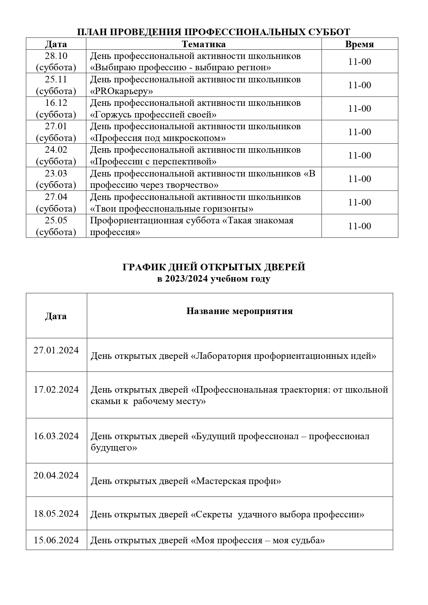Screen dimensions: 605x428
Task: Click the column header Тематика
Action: point(204,44)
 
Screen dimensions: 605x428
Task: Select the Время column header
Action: point(359,44)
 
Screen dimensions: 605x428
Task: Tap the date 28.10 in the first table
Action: point(56,56)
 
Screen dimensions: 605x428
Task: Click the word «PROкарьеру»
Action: point(121,91)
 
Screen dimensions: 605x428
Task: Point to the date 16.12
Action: point(56,103)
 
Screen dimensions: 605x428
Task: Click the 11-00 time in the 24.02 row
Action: point(359,155)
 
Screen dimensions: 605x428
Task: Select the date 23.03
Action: point(56,173)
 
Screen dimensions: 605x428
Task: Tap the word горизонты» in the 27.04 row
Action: point(229,209)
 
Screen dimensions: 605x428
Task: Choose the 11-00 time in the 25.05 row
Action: point(359,226)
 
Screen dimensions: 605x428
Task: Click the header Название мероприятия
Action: point(240,311)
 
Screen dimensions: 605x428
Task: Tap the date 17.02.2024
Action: point(56,390)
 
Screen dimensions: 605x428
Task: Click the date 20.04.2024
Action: point(56,475)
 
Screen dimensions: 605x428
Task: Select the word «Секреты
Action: point(212,515)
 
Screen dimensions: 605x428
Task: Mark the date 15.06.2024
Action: point(56,540)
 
